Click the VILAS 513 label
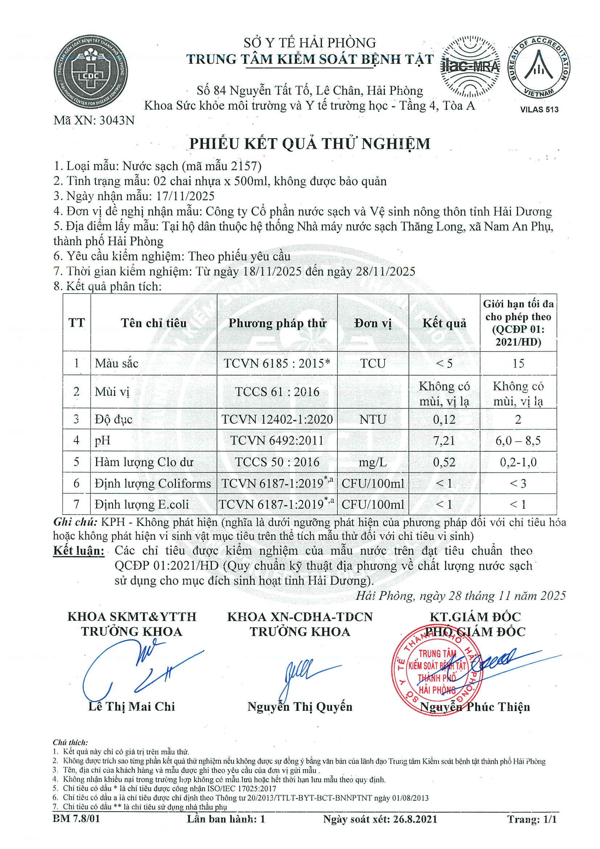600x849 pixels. pyautogui.click(x=539, y=110)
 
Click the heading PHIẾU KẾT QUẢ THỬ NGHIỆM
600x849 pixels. pyautogui.click(x=310, y=144)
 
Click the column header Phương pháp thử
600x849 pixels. pyautogui.click(x=277, y=323)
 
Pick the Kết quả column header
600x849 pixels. pyautogui.click(x=444, y=323)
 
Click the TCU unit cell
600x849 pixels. pyautogui.click(x=373, y=363)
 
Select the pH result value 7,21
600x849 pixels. pyautogui.click(x=444, y=440)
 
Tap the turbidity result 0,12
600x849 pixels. pyautogui.click(x=444, y=419)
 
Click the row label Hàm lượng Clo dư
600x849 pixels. pyautogui.click(x=144, y=462)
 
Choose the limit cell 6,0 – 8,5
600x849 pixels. pyautogui.click(x=518, y=440)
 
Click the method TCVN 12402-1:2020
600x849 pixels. pyautogui.click(x=277, y=419)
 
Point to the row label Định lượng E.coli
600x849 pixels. pyautogui.click(x=141, y=504)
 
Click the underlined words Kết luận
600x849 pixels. pyautogui.click(x=79, y=551)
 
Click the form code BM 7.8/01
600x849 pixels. pyautogui.click(x=77, y=819)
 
